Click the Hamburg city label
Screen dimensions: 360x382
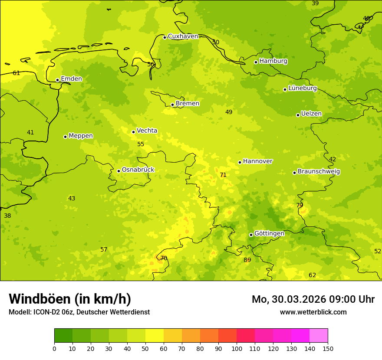tap(273, 61)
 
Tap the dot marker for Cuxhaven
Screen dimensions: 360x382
tap(165, 37)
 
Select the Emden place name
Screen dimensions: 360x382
tap(71, 79)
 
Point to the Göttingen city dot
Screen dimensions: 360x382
tap(251, 235)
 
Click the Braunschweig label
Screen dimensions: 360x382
tap(319, 172)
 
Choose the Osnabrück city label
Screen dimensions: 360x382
tap(138, 170)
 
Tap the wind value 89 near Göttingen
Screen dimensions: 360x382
tap(247, 260)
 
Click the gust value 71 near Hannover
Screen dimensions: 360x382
tap(223, 175)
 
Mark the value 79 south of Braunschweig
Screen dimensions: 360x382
tap(300, 205)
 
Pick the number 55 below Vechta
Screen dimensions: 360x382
tap(141, 144)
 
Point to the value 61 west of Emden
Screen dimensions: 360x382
tap(16, 73)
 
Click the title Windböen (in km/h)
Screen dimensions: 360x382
tap(70, 299)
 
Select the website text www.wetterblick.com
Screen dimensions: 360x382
tap(313, 312)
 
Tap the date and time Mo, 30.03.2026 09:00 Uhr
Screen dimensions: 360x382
tap(313, 299)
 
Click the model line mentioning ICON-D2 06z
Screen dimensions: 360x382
tap(79, 312)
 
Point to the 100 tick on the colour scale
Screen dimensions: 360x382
tap(237, 348)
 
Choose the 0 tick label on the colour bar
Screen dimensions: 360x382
tap(54, 348)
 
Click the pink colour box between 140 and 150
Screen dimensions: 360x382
tap(319, 336)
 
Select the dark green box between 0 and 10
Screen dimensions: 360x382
tap(63, 336)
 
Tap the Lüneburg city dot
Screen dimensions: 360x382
tap(285, 89)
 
